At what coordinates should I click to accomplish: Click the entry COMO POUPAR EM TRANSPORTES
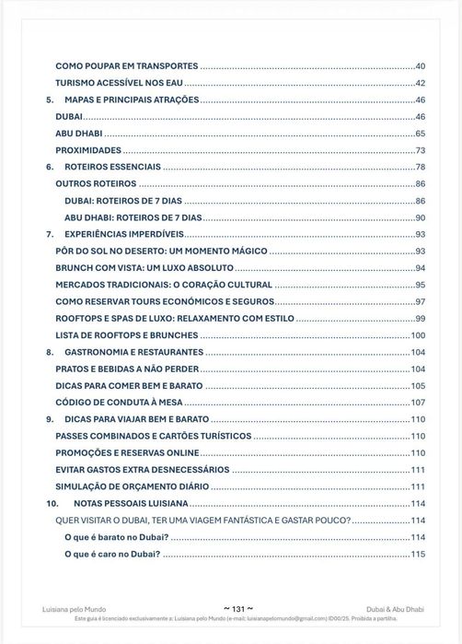(127, 67)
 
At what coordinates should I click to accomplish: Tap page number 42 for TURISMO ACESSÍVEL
(420, 84)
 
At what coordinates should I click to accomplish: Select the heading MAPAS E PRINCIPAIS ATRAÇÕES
(132, 100)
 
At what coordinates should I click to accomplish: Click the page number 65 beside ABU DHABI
(420, 134)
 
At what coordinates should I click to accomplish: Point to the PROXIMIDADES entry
(88, 150)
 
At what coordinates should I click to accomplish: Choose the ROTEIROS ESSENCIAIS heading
(113, 168)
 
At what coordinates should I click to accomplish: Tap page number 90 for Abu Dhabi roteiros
(420, 217)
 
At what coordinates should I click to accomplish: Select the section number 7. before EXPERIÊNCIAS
(50, 234)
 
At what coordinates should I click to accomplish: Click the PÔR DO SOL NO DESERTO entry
(161, 251)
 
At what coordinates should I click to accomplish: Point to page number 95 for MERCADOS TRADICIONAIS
(420, 285)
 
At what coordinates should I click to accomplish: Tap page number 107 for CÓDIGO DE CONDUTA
(417, 403)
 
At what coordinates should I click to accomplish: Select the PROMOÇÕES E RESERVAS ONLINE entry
(127, 453)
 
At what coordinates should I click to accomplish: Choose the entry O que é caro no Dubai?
(112, 554)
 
